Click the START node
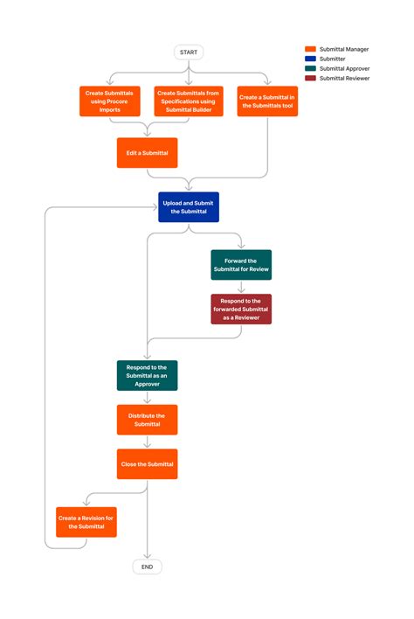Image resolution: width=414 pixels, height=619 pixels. (189, 52)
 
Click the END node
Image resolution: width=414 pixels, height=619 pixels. (147, 567)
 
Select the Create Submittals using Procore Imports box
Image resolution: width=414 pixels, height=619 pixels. (110, 101)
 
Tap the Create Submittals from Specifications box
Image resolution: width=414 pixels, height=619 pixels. (190, 101)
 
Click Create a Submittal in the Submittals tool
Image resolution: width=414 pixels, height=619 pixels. (267, 101)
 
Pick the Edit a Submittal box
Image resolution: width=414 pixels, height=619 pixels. (147, 152)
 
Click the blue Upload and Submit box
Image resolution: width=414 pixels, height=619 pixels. (189, 207)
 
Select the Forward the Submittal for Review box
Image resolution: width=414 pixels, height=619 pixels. (241, 265)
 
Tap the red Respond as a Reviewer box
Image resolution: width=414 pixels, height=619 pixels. (241, 309)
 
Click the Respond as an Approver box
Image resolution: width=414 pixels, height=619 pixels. (147, 375)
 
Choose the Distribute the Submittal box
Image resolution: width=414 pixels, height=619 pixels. (147, 420)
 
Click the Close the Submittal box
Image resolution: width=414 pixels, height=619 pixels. (147, 463)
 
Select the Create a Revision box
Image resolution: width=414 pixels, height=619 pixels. (86, 522)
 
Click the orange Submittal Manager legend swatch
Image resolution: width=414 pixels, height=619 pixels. (310, 50)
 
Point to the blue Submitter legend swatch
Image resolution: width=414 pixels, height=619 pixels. (310, 59)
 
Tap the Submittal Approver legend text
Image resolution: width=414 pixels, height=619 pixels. (345, 69)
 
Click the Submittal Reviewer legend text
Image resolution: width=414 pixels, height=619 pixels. (345, 79)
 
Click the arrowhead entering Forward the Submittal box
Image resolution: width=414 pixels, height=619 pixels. (241, 247)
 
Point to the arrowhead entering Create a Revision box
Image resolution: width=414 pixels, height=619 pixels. (86, 504)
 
